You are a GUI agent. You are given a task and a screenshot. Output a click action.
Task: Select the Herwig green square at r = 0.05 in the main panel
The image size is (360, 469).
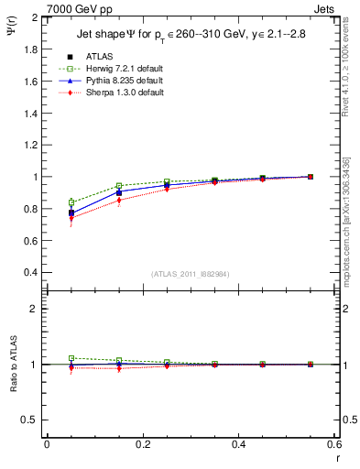tap(71, 202)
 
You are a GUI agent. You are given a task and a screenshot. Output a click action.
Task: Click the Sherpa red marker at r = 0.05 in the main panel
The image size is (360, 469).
tap(71, 218)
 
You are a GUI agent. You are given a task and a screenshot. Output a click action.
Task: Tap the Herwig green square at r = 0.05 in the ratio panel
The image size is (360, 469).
tap(71, 358)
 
